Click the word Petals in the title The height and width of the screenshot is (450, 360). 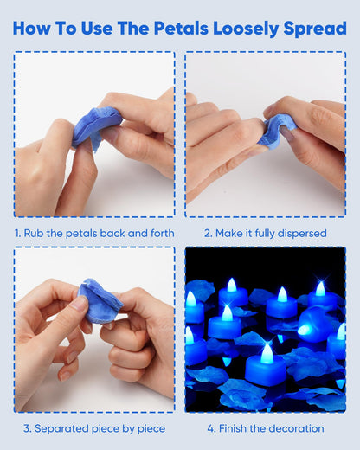click(181, 29)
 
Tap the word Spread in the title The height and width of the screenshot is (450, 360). click(315, 29)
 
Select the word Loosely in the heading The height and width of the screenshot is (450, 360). click(246, 29)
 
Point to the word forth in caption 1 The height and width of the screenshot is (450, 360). click(163, 233)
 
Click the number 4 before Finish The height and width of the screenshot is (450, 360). click(211, 428)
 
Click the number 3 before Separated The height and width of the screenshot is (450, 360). click(27, 428)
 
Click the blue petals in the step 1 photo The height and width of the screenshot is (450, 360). click(97, 127)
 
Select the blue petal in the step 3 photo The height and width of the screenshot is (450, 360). click(100, 300)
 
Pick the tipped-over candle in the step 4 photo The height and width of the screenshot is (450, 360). click(313, 325)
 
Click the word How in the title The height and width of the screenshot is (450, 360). click(31, 29)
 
